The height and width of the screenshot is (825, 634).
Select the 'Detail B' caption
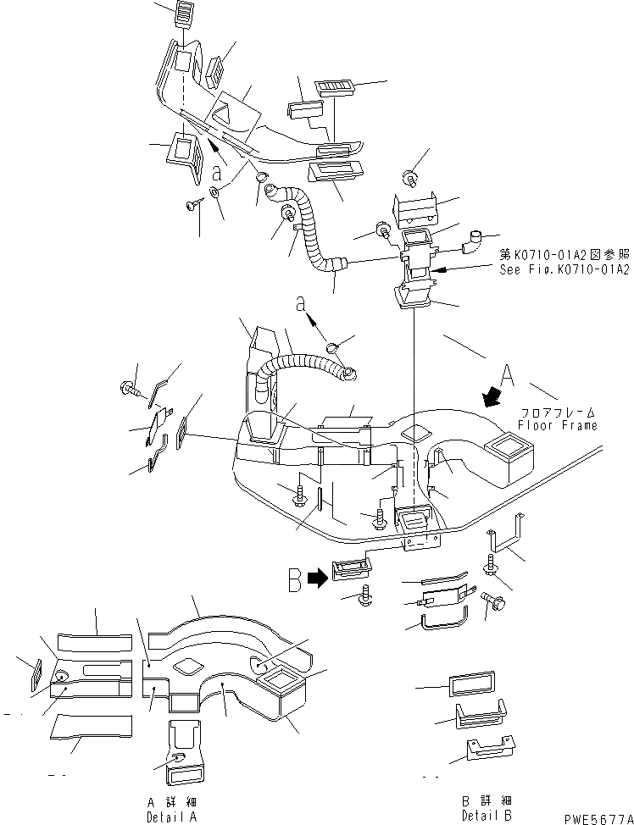click(x=481, y=814)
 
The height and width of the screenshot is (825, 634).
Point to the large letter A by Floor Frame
click(x=507, y=374)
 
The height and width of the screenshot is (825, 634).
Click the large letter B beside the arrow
click(x=294, y=581)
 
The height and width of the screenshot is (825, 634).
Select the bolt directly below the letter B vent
click(x=366, y=595)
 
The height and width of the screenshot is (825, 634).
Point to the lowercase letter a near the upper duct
click(x=218, y=174)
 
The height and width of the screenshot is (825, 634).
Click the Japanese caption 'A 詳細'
click(x=164, y=800)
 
